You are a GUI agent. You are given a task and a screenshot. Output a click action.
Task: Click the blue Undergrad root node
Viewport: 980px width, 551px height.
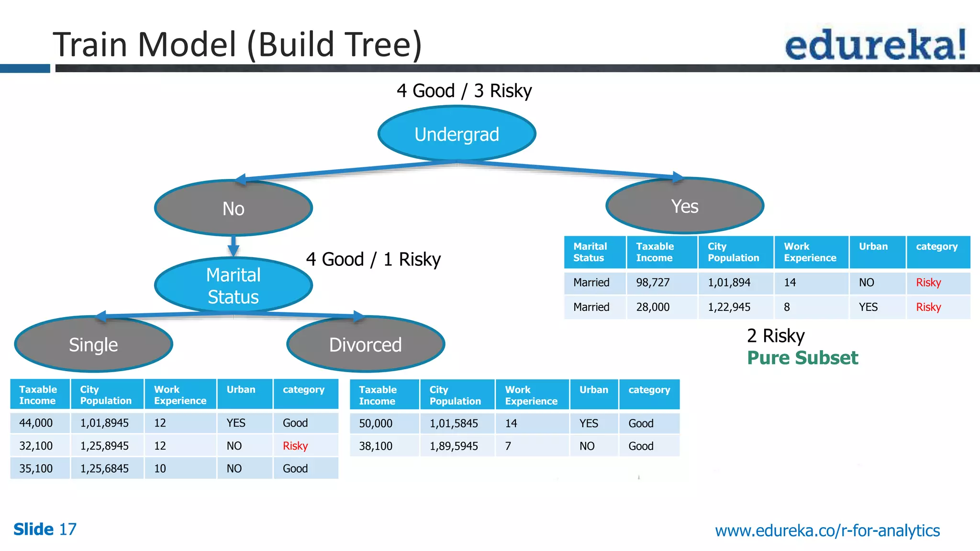pos(457,134)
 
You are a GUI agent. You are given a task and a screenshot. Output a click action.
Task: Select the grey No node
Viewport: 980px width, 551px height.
pos(234,208)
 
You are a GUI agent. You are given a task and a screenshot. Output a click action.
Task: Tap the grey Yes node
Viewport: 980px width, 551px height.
pos(685,206)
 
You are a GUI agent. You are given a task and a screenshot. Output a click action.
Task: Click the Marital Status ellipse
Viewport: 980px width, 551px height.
pos(234,286)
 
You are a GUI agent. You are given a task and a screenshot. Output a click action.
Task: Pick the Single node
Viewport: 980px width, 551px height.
pos(93,344)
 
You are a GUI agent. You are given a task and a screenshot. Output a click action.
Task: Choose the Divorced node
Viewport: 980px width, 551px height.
pos(366,344)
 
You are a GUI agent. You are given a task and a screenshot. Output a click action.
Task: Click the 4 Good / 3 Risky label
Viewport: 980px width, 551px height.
pos(464,90)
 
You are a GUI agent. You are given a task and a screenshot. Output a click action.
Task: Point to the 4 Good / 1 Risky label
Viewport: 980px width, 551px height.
pos(373,259)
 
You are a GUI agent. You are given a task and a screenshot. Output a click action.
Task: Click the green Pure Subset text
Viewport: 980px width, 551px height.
pos(802,358)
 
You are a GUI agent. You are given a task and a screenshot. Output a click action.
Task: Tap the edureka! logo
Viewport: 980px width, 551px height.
pos(875,44)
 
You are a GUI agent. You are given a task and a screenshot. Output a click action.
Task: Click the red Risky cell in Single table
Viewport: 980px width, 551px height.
pos(295,446)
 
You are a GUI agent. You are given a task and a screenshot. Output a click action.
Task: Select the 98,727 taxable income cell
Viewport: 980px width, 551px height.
pos(653,283)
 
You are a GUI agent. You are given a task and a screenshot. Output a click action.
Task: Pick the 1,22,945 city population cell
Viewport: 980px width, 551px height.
pos(729,307)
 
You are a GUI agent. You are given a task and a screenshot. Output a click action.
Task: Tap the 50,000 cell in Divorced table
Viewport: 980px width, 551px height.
pos(376,423)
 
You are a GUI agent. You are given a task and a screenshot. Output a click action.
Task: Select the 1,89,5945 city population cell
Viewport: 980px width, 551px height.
pos(454,446)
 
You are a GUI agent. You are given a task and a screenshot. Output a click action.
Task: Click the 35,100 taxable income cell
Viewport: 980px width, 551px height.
pos(36,468)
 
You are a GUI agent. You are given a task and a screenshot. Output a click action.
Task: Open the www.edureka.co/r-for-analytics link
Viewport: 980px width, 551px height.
pos(827,530)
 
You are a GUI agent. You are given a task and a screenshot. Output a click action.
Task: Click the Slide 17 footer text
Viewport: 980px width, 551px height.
pos(45,529)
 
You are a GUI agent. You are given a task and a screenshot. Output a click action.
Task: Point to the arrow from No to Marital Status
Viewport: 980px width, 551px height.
pos(234,246)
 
